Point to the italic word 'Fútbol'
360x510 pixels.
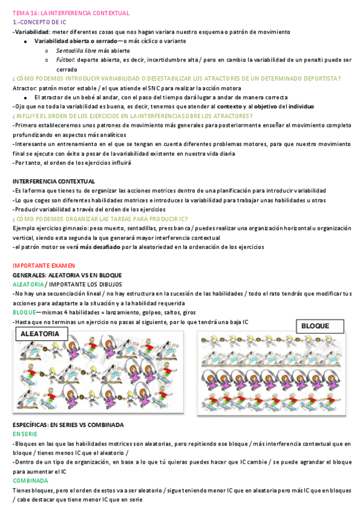coord(65,60)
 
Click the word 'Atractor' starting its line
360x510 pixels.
coord(24,88)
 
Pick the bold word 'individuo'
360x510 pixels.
coord(301,106)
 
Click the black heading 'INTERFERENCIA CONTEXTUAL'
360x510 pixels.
coord(53,181)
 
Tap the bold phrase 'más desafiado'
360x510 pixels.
coord(100,247)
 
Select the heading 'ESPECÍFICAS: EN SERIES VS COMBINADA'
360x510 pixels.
coord(68,425)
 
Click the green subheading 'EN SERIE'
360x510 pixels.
coord(25,434)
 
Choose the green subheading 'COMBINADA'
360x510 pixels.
coord(31,481)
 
